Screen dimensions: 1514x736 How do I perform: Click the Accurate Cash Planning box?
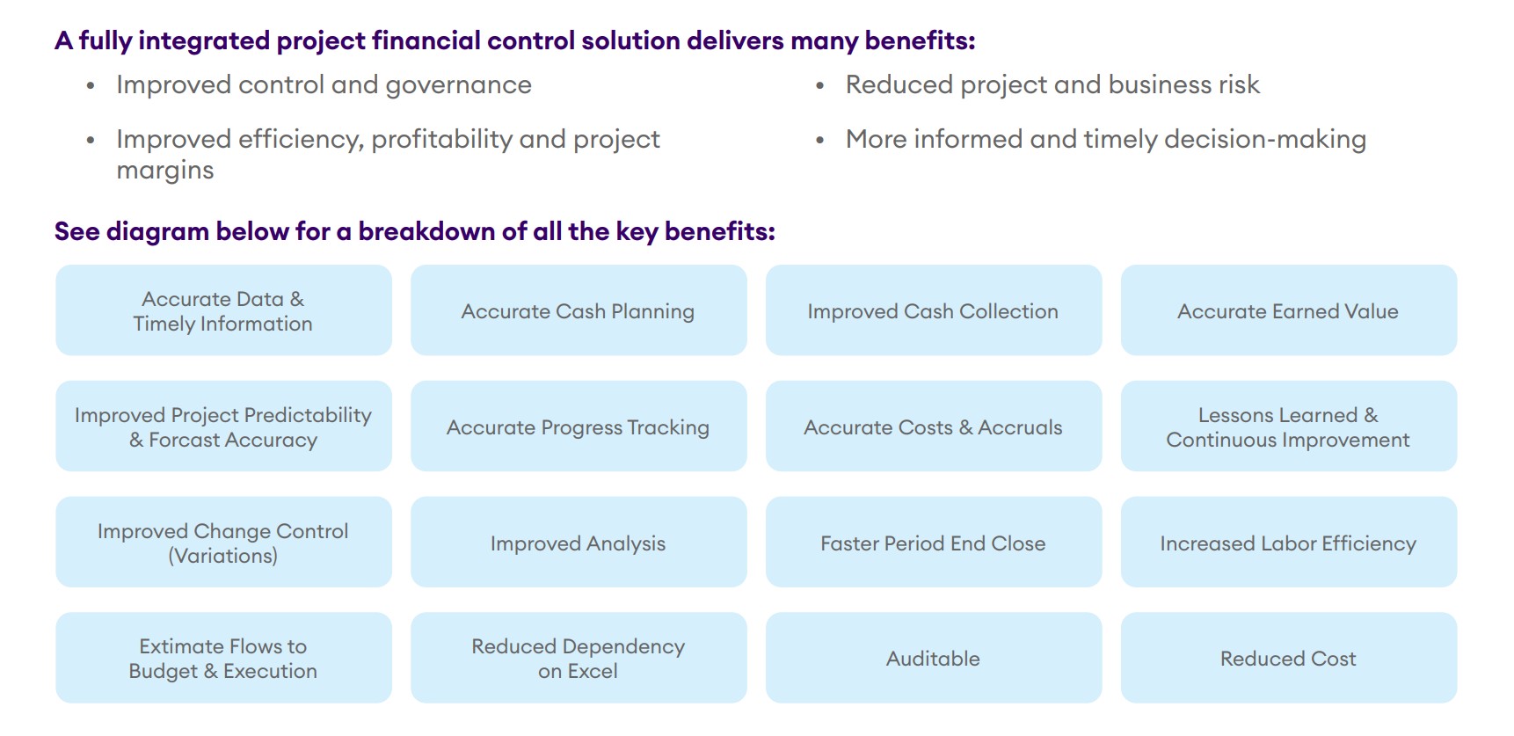[x=579, y=310]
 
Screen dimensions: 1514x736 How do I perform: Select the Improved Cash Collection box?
[x=934, y=310]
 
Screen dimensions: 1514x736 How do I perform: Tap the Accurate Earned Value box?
[x=1289, y=310]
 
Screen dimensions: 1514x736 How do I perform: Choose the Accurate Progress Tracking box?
[x=579, y=426]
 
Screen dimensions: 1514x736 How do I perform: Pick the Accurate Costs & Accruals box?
[x=934, y=426]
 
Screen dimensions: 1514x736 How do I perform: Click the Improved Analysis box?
[x=579, y=543]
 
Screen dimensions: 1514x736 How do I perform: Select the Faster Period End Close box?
[x=934, y=543]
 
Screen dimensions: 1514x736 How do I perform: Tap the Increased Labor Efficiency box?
[x=1289, y=543]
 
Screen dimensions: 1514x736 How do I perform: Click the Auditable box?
[x=934, y=658]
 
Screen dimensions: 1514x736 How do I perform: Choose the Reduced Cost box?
[x=1289, y=658]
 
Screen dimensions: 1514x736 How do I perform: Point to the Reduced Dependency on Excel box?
[x=579, y=658]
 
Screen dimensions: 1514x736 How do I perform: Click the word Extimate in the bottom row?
[x=181, y=646]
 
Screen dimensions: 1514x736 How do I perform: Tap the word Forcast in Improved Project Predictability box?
[x=180, y=440]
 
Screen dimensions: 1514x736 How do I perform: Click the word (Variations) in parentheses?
[x=223, y=556]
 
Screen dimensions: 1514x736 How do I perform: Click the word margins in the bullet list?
[x=165, y=171]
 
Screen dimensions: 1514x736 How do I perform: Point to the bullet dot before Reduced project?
[x=820, y=86]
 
